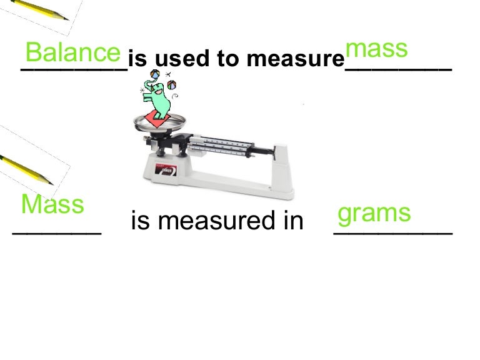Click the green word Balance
click(72, 52)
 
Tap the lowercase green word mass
click(376, 49)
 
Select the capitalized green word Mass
click(52, 204)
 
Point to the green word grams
click(374, 213)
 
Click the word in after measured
click(291, 221)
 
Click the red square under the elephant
click(157, 119)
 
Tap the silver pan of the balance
click(159, 125)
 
